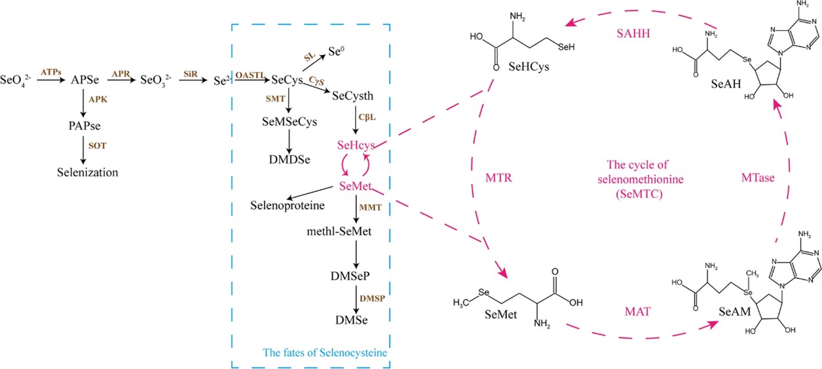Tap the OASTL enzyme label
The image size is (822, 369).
(x=251, y=75)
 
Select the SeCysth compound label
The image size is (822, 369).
(x=352, y=96)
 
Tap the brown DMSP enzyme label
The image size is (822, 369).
(x=372, y=298)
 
